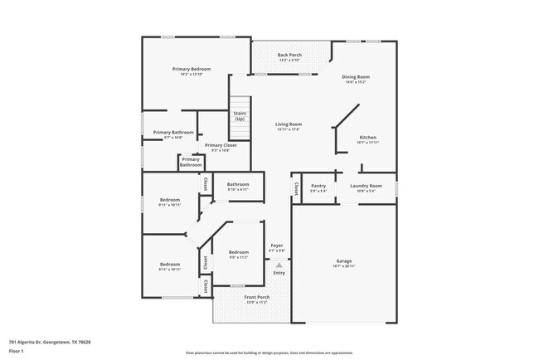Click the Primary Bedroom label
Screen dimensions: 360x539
(192, 68)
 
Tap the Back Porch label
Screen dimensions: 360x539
(289, 55)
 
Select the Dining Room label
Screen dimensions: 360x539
(356, 77)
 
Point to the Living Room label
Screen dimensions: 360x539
(289, 124)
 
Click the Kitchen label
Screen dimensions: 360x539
(367, 137)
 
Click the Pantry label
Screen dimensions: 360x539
(318, 186)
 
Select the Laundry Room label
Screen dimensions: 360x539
(366, 186)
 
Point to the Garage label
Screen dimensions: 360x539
(344, 260)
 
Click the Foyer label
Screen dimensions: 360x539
(278, 246)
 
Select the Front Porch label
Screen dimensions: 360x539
(256, 297)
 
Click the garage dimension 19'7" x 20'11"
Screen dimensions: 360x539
(344, 266)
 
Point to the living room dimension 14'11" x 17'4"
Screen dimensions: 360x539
(289, 129)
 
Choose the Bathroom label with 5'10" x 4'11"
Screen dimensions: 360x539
(239, 184)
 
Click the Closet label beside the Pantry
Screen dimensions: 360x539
(296, 188)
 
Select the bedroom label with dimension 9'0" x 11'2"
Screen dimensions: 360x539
(239, 251)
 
